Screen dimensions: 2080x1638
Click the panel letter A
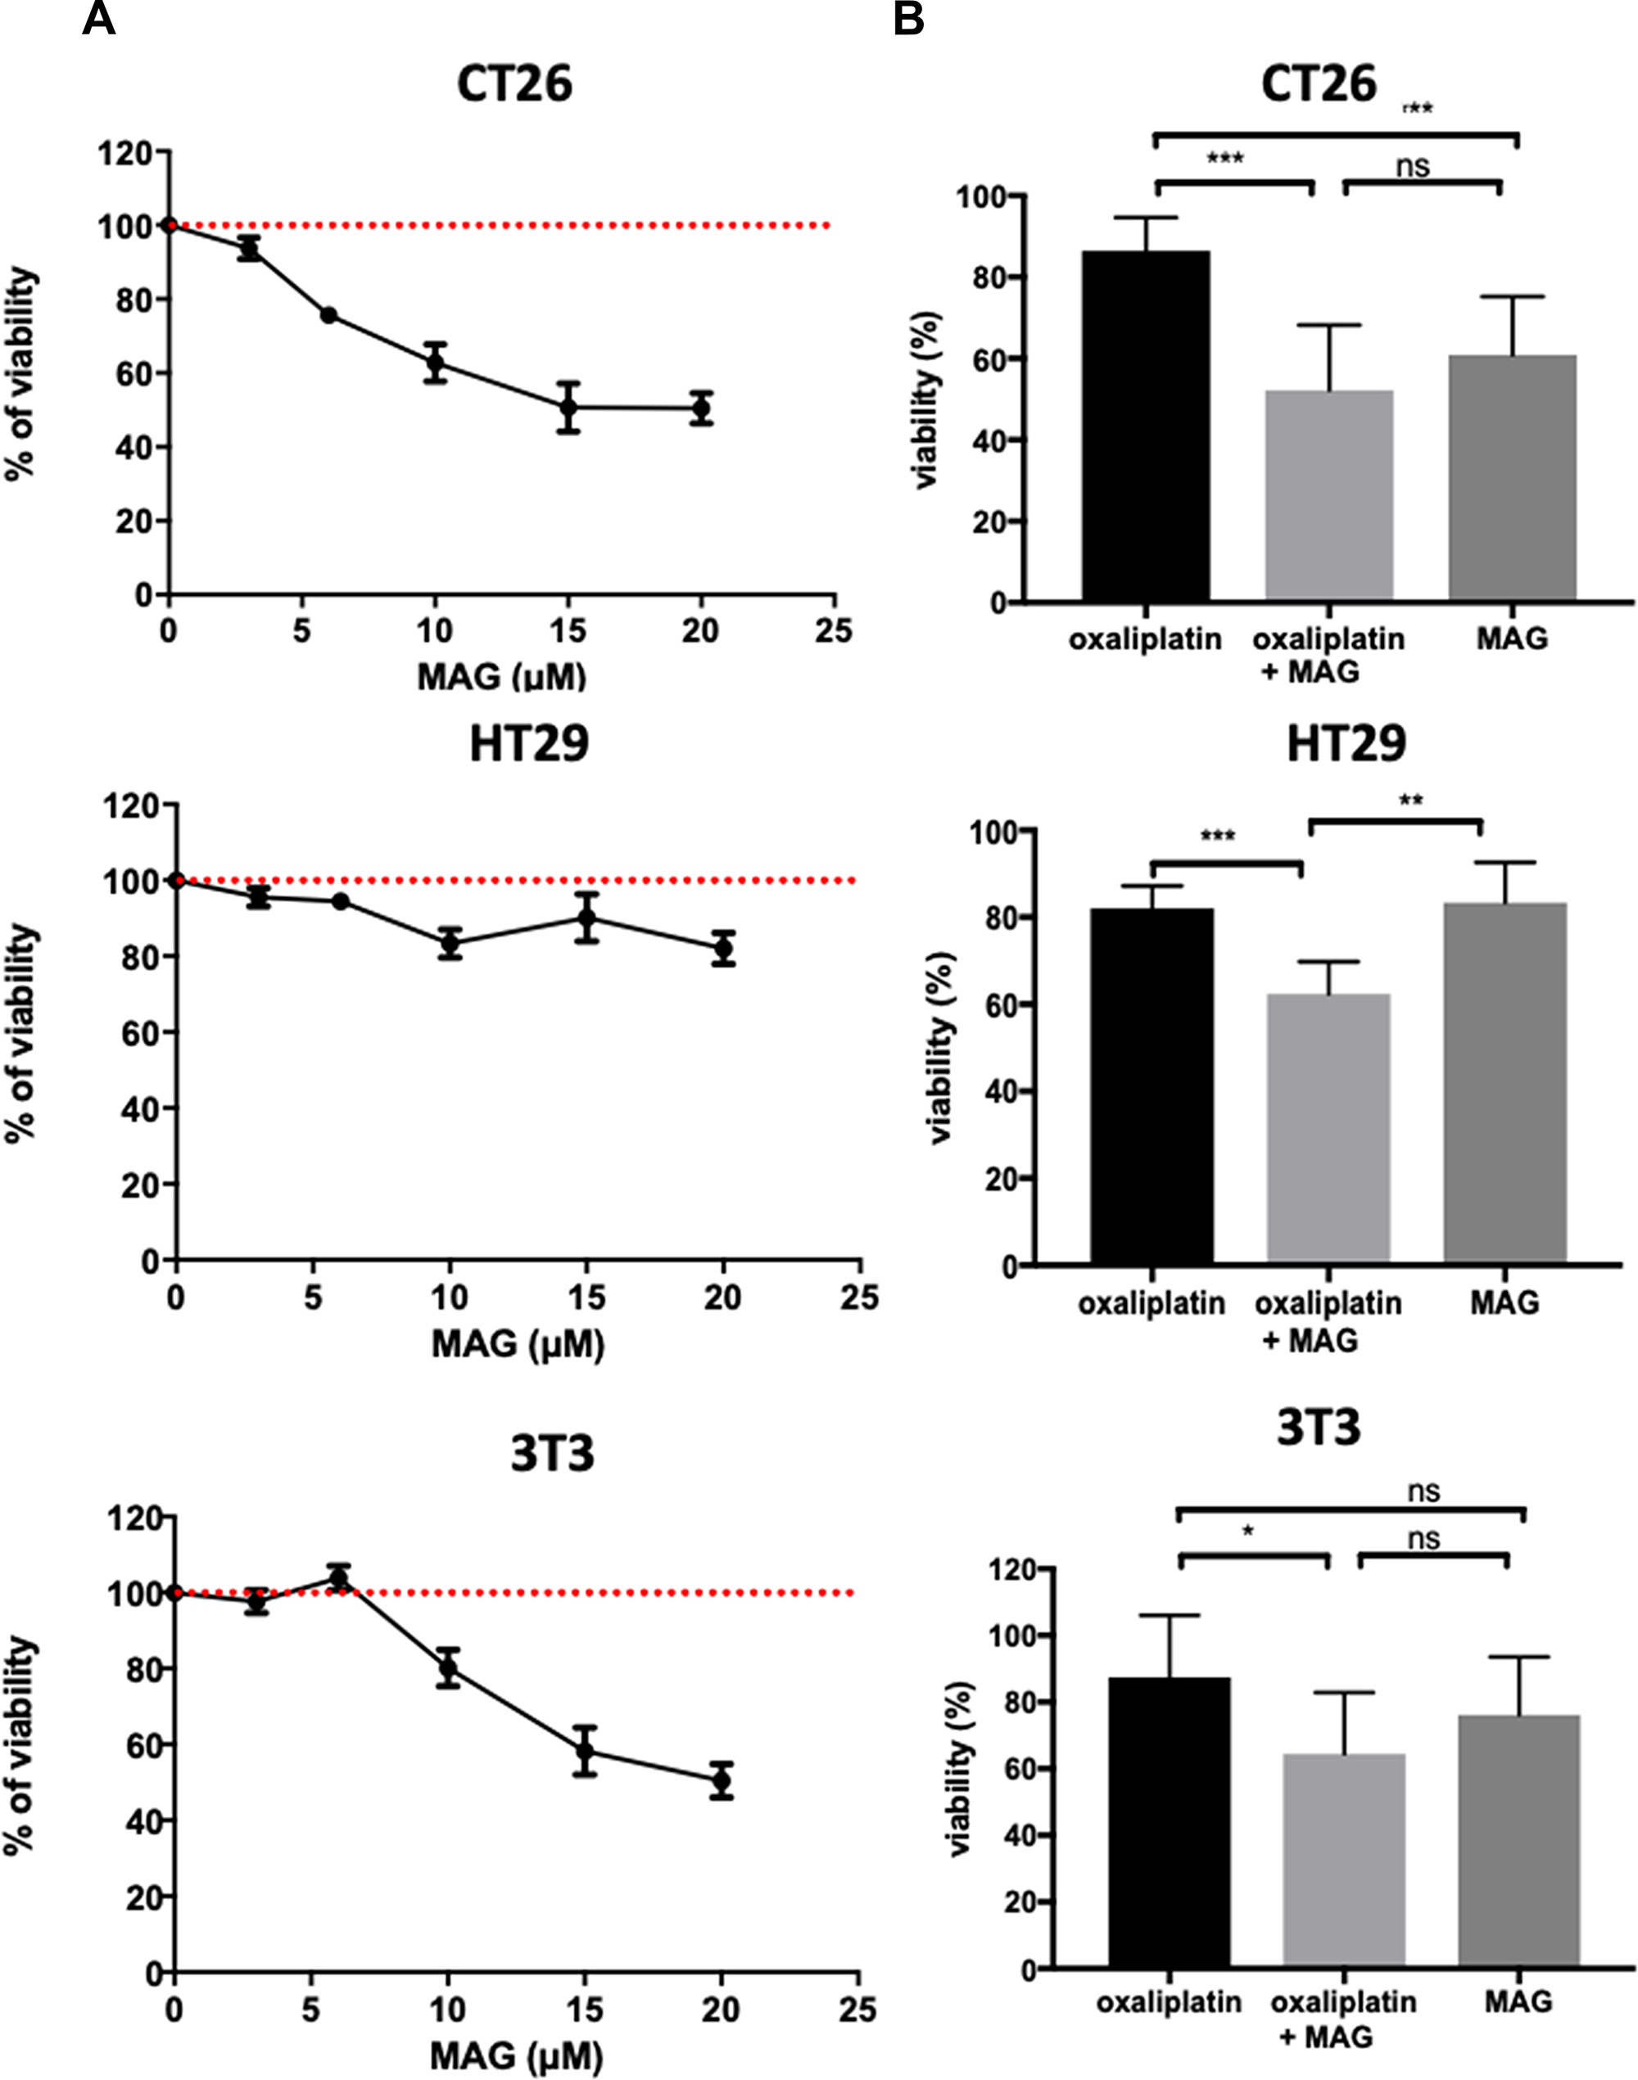[99, 18]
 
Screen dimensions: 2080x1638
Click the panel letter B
[908, 18]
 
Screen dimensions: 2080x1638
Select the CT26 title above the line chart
[514, 83]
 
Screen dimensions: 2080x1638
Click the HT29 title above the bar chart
[1346, 744]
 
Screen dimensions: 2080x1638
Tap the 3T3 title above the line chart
[551, 1453]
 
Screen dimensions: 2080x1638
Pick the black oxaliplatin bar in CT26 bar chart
[1146, 426]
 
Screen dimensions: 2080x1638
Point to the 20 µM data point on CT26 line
[701, 408]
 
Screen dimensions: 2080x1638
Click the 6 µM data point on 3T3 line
[338, 1579]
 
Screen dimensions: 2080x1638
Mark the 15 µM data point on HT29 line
[587, 918]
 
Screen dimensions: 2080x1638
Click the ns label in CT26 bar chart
[1413, 167]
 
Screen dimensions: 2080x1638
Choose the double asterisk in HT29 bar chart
[1409, 800]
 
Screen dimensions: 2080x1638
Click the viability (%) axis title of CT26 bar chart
[927, 399]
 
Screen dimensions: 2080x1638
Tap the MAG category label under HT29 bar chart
[1504, 1302]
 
